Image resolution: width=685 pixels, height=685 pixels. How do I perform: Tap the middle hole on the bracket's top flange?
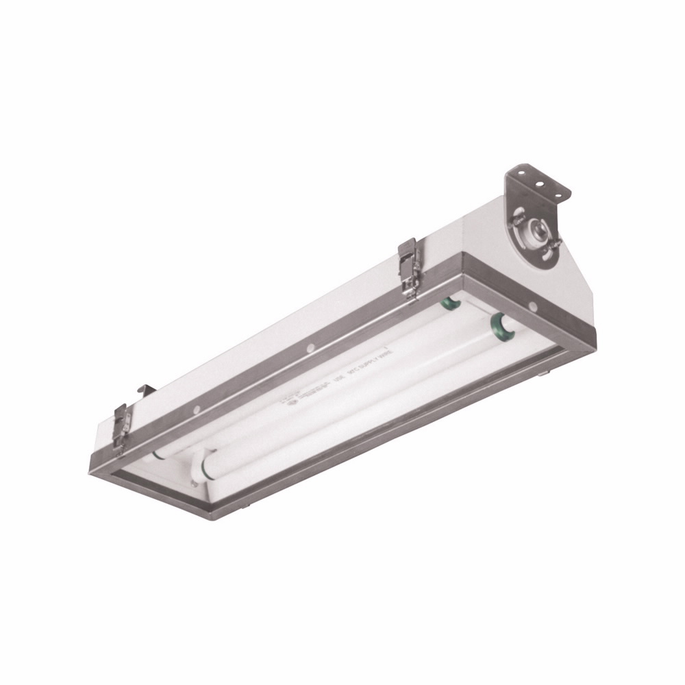click(539, 184)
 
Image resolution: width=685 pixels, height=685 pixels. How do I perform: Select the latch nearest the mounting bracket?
click(410, 268)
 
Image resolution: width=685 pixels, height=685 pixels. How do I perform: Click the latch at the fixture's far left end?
click(121, 428)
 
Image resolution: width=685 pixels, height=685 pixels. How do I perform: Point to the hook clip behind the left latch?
click(146, 390)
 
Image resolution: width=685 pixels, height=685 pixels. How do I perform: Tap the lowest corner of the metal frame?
click(218, 519)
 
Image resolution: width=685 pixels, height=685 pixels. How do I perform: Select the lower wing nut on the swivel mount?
click(553, 243)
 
